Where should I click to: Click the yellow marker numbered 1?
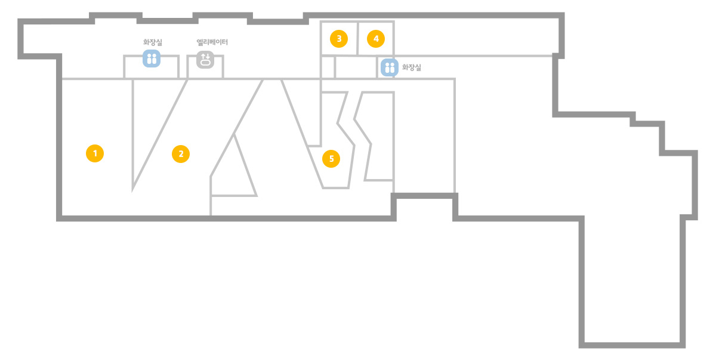point(95,153)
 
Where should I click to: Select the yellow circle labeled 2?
point(181,154)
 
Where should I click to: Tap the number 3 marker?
point(339,39)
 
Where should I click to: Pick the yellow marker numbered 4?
point(376,39)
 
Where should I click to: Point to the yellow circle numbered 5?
point(331,159)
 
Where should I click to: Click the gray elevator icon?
point(205,60)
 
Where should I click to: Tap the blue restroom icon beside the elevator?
point(152,59)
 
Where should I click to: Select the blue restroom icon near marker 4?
point(390,67)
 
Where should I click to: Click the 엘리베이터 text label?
point(212,42)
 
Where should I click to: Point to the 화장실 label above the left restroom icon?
point(153,42)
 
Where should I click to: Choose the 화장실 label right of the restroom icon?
point(411,67)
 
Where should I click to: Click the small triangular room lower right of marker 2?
point(235,173)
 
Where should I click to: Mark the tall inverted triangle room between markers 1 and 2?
point(150,128)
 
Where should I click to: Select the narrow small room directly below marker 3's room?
point(328,67)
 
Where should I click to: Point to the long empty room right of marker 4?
point(476,38)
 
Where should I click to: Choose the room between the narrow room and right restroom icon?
point(356,67)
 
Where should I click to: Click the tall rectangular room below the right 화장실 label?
point(424,136)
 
